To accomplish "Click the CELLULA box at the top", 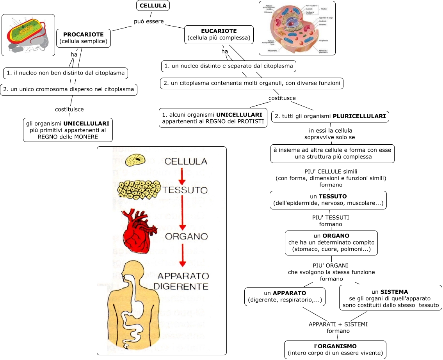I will pos(153,6).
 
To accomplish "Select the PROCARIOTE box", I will pos(84,38).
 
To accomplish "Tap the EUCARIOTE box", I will pos(219,35).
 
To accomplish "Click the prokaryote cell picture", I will pos(28,35).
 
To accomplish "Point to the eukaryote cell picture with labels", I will pos(297,28).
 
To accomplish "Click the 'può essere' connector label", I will pos(149,21).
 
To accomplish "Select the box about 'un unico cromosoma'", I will pos(69,89).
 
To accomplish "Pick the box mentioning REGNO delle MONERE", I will pos(68,130).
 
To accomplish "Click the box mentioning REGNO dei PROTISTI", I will pos(213,118).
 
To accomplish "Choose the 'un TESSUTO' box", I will pos(328,200).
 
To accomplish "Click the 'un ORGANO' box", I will pos(331,243).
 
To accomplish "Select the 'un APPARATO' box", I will pos(285,296).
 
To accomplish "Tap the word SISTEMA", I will pos(394,292).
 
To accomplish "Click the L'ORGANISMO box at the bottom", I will pos(335,349).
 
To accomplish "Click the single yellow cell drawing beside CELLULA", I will pos(135,160).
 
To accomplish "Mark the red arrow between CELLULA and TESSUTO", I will pos(181,176).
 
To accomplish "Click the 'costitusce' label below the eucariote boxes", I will pos(282,98).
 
